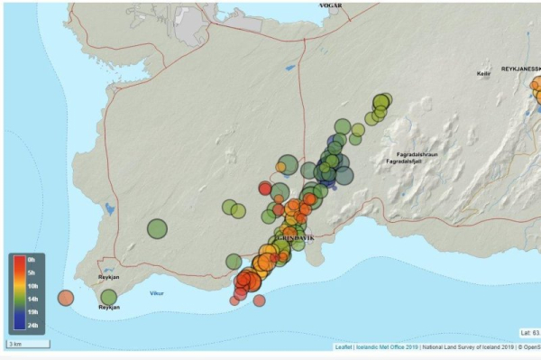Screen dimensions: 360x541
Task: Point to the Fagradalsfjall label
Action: point(403,162)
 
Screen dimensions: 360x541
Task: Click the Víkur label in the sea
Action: point(157,292)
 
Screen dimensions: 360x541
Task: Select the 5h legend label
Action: point(31,272)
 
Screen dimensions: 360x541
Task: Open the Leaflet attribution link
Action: point(343,346)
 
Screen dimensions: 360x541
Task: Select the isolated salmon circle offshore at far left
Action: point(66,297)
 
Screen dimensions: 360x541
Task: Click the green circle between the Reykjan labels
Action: point(108,296)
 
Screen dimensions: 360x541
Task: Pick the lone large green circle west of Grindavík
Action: point(157,228)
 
